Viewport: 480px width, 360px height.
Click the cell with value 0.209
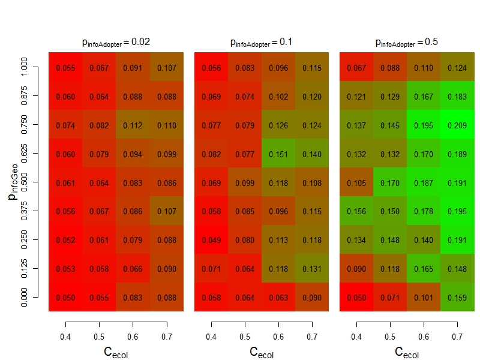point(457,125)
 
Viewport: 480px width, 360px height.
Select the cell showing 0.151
point(278,154)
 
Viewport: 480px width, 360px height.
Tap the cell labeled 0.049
point(211,240)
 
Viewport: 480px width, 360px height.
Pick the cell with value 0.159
point(457,298)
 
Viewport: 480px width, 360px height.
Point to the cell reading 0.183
point(457,97)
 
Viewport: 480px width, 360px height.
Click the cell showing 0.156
point(356,211)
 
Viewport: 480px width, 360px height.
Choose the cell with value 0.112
point(133,125)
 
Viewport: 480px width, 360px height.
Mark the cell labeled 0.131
point(312,269)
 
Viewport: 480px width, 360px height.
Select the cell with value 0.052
point(66,240)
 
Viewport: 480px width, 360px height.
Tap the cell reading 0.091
point(133,68)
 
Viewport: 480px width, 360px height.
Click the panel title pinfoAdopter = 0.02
point(116,43)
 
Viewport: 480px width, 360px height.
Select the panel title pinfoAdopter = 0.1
point(261,43)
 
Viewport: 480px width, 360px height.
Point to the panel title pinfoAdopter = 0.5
point(406,43)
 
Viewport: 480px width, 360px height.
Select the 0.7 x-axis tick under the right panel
point(457,338)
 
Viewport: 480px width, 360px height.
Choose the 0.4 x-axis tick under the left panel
point(66,338)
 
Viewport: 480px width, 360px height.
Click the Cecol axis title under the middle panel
point(261,352)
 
